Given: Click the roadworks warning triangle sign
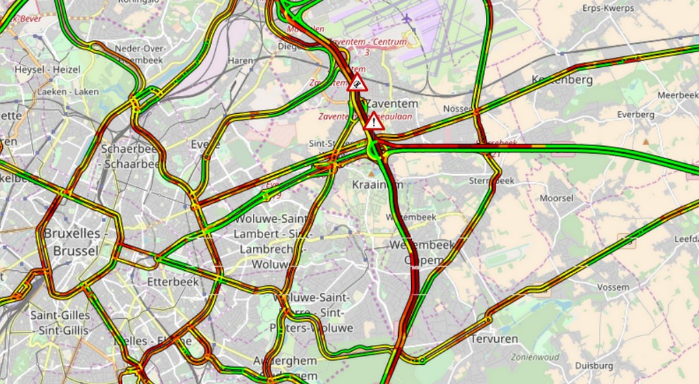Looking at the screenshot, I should click(357, 84).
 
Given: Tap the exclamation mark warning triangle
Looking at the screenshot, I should click(373, 122).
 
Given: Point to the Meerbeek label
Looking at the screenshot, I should click(678, 95).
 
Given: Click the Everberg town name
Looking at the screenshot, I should click(635, 115).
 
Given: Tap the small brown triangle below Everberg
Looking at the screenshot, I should click(646, 142).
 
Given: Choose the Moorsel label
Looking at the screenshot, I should click(556, 197).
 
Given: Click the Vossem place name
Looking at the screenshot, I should click(613, 288).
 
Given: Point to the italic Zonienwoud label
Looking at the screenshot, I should click(535, 357).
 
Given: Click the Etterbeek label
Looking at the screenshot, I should click(173, 281).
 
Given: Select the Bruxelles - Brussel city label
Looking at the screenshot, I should click(71, 242).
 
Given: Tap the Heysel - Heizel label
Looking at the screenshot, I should click(47, 69).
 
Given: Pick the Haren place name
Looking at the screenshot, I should click(241, 60).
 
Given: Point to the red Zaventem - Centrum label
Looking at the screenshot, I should click(369, 42).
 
